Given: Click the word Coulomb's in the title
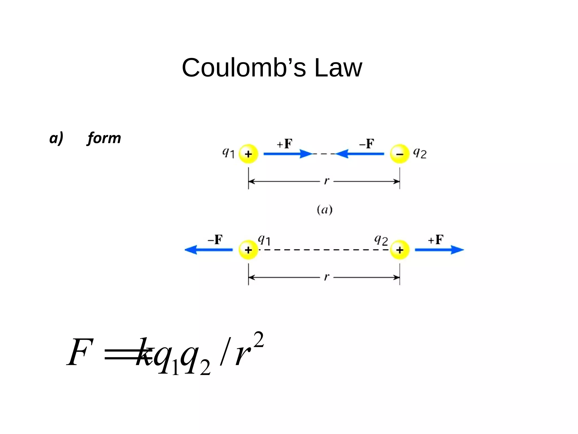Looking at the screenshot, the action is pos(244,68).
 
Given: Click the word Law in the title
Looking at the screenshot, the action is pos(338,68).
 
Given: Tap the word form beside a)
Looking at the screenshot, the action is pos(104,138).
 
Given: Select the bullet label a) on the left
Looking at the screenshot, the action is pos(56,138).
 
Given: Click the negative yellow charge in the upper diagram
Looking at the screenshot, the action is pos(400,154).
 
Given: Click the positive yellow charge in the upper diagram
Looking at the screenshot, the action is pos(248,154).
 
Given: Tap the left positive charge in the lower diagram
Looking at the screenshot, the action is pos(248,250).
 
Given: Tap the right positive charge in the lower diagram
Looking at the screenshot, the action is pos(400,250).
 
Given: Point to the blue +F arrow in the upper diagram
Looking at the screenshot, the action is pos(288,154).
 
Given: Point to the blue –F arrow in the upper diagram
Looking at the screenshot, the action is pos(360,154).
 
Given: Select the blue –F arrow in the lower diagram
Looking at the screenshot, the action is pos(209,250).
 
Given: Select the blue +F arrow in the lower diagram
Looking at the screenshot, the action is pos(439,250).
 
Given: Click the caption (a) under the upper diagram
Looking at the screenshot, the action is pos(325,210).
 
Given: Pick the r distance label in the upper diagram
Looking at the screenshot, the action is pos(327,181).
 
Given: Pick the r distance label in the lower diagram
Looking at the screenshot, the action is pos(327,277).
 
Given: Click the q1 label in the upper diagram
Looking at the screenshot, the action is pos(228,153).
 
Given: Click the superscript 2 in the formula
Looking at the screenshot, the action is pos(259,340).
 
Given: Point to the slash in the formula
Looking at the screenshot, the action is pos(225,352).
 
